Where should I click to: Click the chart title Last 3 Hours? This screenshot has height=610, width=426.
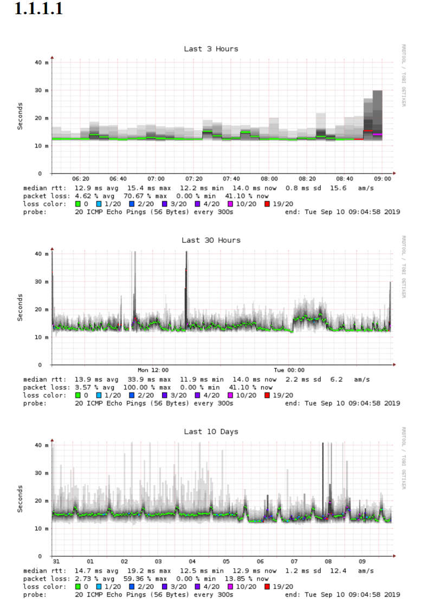click(x=211, y=49)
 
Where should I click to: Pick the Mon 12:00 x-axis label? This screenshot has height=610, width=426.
click(x=153, y=370)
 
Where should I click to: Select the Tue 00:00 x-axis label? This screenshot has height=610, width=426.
click(x=289, y=370)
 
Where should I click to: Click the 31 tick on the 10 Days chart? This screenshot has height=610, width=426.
click(x=56, y=561)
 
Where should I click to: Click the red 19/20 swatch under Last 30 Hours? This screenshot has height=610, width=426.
click(x=267, y=395)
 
